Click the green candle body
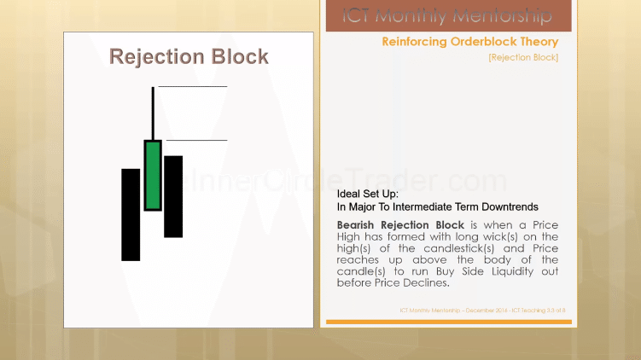[153, 175]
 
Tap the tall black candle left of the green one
[131, 214]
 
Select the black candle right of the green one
[173, 196]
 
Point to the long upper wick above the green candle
[153, 113]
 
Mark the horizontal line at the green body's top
[195, 140]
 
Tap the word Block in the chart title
[237, 57]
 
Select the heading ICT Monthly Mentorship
[447, 15]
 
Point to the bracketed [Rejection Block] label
[523, 57]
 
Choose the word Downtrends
[508, 206]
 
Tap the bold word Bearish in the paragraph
[360, 224]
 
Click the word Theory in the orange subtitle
[537, 42]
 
